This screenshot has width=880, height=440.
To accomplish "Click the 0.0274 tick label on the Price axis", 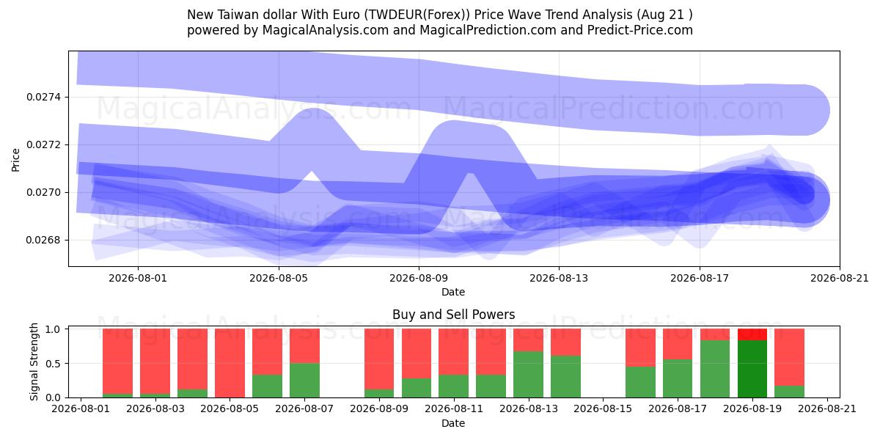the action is (x=44, y=97).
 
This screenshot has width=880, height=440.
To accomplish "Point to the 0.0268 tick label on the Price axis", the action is (x=44, y=240).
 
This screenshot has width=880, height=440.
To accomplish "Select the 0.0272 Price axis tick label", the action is (x=44, y=145).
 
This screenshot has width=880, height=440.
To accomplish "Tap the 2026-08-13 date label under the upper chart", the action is (x=559, y=278).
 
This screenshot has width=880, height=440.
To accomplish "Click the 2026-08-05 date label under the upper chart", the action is (x=279, y=278).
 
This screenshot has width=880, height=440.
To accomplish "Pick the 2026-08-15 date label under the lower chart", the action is (x=603, y=408).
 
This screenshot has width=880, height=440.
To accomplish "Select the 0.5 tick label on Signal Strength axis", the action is (x=53, y=364).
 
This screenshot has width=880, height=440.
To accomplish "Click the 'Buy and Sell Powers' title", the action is (x=454, y=315).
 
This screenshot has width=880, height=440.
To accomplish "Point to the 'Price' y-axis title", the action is (x=15, y=160).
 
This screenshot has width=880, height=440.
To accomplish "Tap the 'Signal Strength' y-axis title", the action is (x=34, y=362).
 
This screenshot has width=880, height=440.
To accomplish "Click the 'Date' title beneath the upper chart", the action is (x=453, y=292).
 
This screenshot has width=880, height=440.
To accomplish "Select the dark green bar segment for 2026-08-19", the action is (x=752, y=369).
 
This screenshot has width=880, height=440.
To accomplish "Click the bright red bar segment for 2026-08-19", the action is (x=752, y=334).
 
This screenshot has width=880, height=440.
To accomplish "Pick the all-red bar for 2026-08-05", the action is (x=230, y=363).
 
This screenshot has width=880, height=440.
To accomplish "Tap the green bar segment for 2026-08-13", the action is (x=529, y=375).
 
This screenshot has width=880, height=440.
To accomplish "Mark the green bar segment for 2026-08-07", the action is (x=305, y=381).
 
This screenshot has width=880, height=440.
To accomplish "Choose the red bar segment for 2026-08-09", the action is (x=379, y=359).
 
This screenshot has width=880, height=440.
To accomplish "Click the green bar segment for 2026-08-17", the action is (x=678, y=378).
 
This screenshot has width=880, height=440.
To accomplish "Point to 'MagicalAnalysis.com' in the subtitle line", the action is (x=326, y=30).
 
